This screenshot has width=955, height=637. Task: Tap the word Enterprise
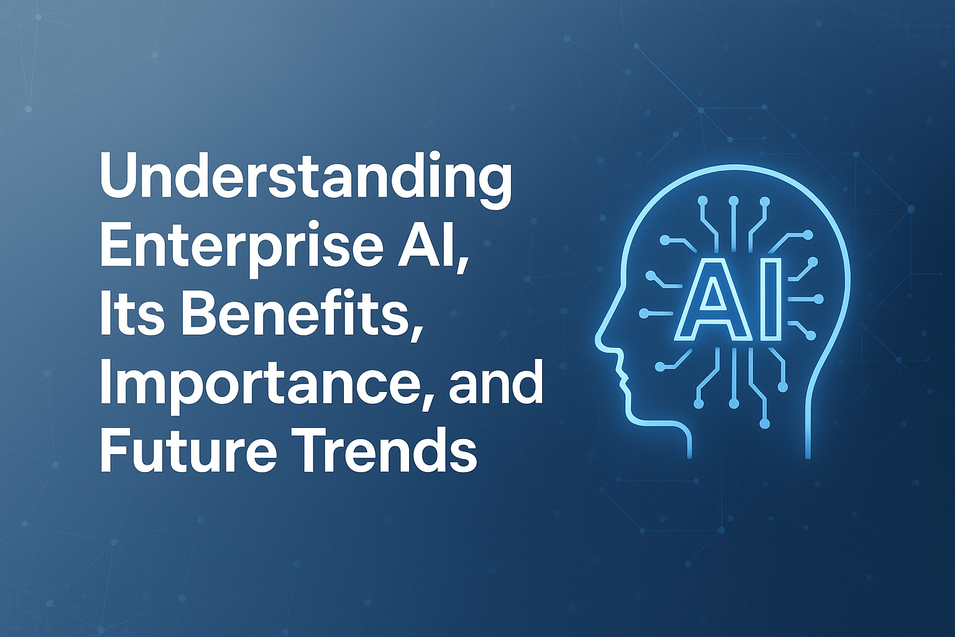(x=227, y=252)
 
